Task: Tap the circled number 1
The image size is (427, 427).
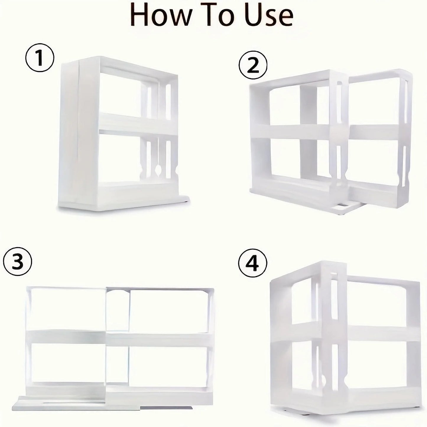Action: (40, 57)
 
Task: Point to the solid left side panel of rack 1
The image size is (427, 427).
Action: (69, 133)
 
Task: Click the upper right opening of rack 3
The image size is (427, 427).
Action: (168, 310)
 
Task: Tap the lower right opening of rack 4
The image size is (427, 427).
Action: (383, 365)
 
